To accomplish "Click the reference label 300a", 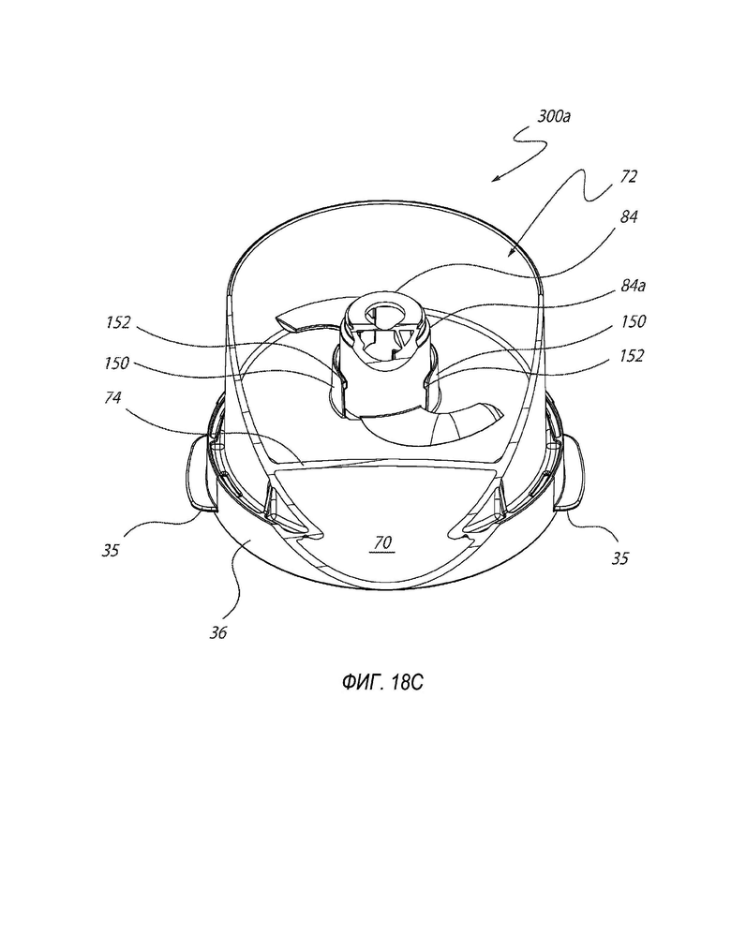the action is pos(554,116).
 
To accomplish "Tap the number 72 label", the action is pos(629,177).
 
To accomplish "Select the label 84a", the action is pos(633,285).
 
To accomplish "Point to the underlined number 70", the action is pos(382,542).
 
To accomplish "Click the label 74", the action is pos(112,397).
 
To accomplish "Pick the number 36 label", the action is pos(218,632).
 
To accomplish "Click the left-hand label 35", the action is pos(111,550).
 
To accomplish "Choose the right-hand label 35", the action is pos(619,558).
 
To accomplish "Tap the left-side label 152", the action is pos(118,322).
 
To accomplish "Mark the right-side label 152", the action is pos(631,356).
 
